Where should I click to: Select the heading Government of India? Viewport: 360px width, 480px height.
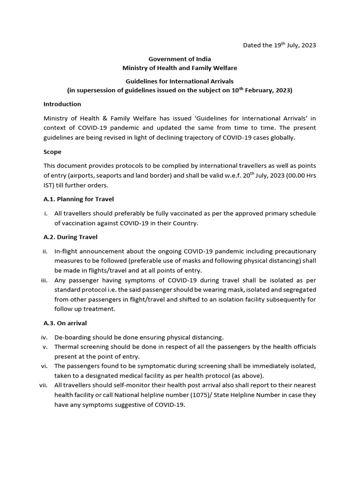point(180,59)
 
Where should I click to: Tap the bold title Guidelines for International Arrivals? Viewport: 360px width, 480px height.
point(180,82)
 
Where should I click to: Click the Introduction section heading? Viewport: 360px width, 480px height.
point(62,104)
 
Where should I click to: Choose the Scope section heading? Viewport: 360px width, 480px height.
point(52,152)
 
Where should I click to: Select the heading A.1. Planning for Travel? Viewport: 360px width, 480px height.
point(78,199)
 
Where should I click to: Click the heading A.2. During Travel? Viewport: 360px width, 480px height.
point(70,237)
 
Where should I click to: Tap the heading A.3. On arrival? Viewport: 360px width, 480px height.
point(65,323)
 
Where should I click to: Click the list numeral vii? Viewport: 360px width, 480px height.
point(43,385)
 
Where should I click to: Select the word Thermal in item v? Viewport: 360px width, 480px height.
point(66,347)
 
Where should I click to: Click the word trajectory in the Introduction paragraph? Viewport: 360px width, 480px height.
point(197,138)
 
